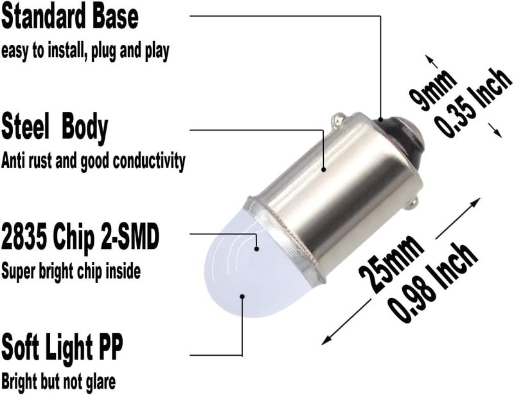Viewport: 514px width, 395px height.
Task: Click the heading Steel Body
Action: [54, 127]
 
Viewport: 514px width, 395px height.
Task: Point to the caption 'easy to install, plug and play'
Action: [85, 51]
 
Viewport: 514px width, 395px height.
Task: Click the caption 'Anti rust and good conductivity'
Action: [93, 161]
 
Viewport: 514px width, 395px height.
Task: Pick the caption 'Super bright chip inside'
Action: [71, 271]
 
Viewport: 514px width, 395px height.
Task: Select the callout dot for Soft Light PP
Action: [242, 297]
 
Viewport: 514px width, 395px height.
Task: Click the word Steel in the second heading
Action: [26, 127]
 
